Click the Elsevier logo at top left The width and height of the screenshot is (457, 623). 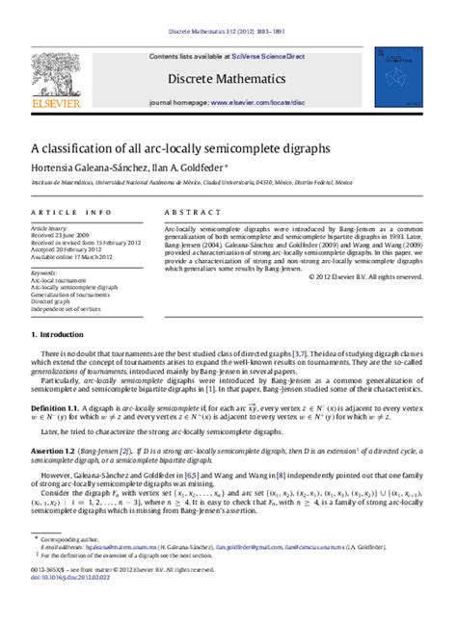click(57, 77)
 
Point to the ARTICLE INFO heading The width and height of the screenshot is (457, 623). click(65, 211)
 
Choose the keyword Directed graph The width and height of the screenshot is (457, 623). click(53, 302)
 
